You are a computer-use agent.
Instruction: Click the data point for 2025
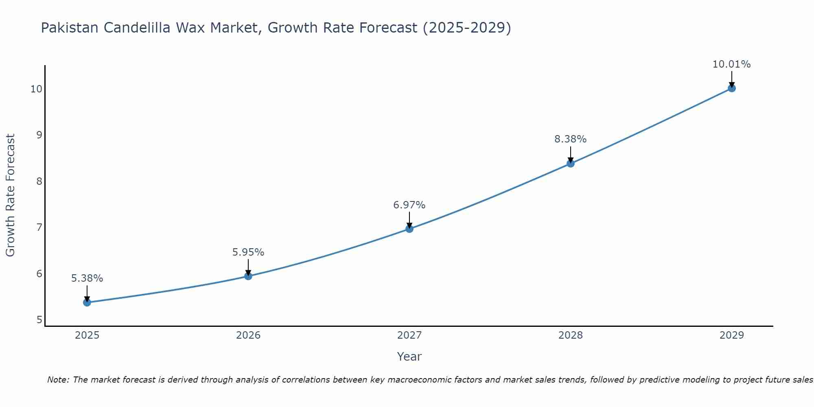pos(87,302)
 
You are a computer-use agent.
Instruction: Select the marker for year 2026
pos(248,276)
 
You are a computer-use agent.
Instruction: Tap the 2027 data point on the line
pos(409,229)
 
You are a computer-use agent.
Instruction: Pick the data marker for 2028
pos(571,164)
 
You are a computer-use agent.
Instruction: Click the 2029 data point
pos(732,88)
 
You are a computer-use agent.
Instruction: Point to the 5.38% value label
pos(87,278)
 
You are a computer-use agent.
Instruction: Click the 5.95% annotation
pos(248,252)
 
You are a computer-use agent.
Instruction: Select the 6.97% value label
pos(409,205)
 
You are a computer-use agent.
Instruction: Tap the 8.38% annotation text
pos(571,139)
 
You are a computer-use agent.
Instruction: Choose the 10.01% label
pos(732,64)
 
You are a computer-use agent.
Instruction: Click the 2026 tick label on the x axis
pos(248,335)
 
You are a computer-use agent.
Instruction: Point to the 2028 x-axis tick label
pos(571,335)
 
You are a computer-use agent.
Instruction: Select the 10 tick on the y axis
pos(37,89)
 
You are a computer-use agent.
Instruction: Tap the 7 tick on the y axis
pos(39,227)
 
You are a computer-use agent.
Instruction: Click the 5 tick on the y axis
pos(39,319)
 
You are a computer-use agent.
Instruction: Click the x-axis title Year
pos(409,357)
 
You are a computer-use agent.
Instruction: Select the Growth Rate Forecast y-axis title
pos(11,195)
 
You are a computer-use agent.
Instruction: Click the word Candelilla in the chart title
pos(137,28)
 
